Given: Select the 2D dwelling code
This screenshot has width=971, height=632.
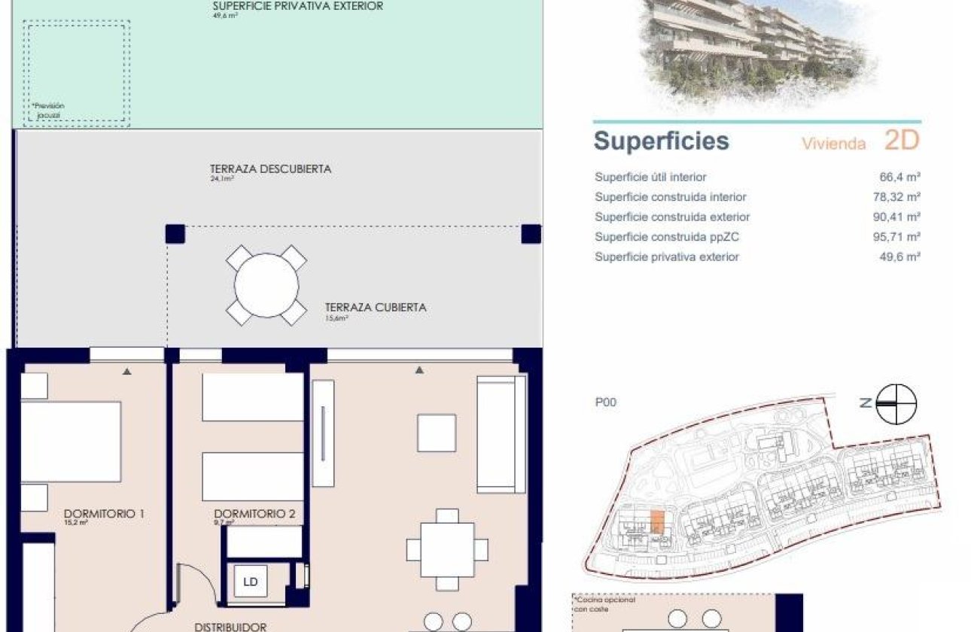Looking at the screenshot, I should (x=902, y=140).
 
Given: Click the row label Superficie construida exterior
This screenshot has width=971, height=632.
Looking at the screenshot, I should (x=672, y=217).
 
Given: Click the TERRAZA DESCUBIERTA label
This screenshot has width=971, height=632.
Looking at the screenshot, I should (x=271, y=169).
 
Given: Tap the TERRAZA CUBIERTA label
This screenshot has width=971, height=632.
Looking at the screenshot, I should (x=376, y=307).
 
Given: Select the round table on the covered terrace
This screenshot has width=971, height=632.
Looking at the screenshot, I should (x=266, y=285).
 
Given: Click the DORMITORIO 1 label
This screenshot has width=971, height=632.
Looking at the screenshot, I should (x=105, y=514).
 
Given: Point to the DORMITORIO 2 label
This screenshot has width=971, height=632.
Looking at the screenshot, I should (x=254, y=515).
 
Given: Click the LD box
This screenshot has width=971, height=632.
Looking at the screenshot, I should (x=251, y=582).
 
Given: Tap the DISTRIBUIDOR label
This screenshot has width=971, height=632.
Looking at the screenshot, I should (x=230, y=626).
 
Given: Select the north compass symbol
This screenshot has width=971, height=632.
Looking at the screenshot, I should (x=896, y=403).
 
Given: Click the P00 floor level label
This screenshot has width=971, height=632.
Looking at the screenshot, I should (x=605, y=403).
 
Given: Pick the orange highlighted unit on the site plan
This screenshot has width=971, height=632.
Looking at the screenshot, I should (x=657, y=521).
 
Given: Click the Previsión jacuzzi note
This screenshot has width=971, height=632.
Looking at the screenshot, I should (x=48, y=111).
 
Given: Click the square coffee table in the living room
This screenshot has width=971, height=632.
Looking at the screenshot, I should (x=437, y=433).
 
